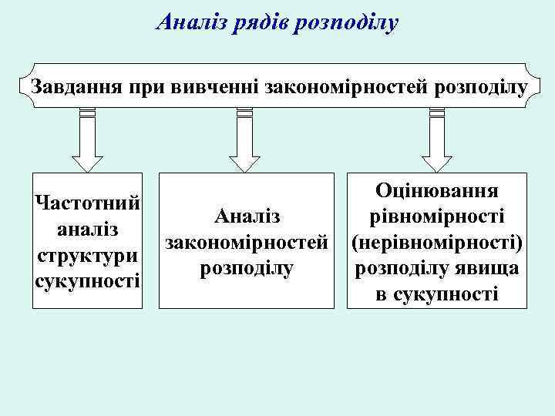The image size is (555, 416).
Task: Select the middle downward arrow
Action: click(x=244, y=143)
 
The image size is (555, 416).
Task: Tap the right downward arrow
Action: click(x=436, y=143)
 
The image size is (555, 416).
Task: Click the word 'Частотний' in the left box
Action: click(x=87, y=204)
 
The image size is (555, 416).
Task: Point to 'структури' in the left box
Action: click(x=87, y=254)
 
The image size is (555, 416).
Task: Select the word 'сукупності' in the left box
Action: click(x=87, y=279)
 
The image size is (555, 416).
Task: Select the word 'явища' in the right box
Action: click(x=489, y=269)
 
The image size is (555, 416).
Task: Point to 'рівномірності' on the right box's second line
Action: click(x=436, y=216)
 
